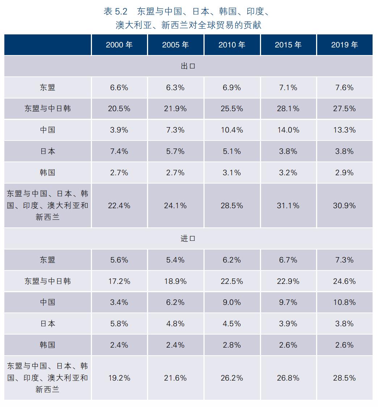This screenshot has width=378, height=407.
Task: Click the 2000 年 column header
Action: tap(119, 45)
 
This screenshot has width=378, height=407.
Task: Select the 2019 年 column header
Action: tap(344, 45)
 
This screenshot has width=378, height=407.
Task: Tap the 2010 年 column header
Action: tap(232, 45)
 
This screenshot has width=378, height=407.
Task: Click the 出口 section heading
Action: tap(188, 66)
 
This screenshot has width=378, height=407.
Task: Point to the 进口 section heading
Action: tap(188, 239)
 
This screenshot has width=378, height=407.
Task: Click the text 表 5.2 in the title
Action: tap(115, 12)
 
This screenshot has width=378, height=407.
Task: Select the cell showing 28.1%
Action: tap(288, 109)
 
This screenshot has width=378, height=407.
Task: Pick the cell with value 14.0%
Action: tap(288, 130)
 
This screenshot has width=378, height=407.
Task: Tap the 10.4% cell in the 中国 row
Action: tap(232, 130)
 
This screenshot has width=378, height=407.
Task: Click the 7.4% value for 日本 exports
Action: tap(119, 151)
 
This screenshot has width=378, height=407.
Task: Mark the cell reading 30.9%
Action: tap(344, 206)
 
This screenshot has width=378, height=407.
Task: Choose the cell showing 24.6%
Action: tap(344, 281)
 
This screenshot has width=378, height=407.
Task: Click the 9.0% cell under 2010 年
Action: tap(232, 302)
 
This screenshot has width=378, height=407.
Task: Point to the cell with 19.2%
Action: tap(119, 378)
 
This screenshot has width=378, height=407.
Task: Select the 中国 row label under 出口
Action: tap(47, 130)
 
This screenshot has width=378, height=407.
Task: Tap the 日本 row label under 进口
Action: tap(47, 324)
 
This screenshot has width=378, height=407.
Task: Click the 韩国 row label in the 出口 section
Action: tap(47, 173)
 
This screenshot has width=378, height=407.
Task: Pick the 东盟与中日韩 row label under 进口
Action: tap(47, 281)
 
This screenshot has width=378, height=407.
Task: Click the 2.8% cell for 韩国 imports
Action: tap(232, 345)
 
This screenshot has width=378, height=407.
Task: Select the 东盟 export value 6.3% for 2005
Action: tap(175, 88)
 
